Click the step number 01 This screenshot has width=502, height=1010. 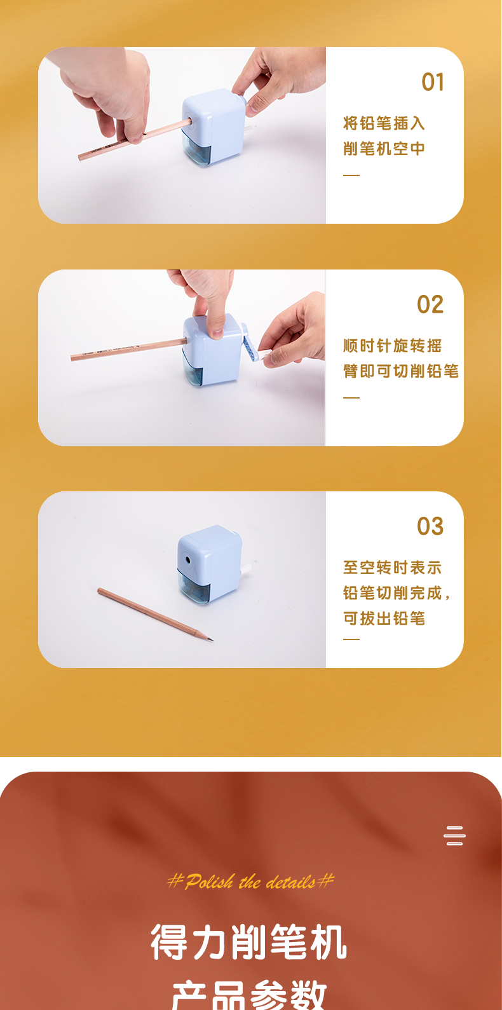click(433, 82)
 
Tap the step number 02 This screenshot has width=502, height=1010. click(430, 304)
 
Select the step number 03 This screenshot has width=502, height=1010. click(430, 526)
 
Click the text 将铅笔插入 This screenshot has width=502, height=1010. click(384, 123)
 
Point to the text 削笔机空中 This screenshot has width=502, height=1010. click(384, 148)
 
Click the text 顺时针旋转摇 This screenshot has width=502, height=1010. click(392, 346)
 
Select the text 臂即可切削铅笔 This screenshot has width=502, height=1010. click(400, 371)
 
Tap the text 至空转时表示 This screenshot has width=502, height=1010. click(392, 568)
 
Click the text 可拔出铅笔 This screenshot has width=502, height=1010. click(384, 618)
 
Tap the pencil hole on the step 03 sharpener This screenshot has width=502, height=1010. click(187, 560)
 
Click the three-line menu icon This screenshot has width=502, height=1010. click(454, 835)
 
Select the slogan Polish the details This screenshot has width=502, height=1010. click(250, 882)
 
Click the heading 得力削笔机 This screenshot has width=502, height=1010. click(248, 943)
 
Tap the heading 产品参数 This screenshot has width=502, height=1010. click(248, 995)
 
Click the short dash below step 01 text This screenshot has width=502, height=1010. click(351, 175)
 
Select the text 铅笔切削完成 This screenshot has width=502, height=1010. click(392, 593)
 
